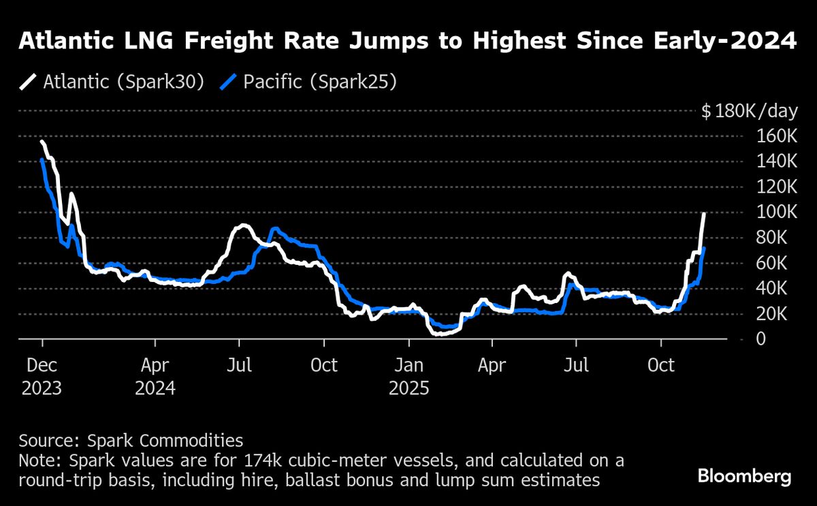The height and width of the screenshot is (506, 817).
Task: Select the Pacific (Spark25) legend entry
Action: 310,82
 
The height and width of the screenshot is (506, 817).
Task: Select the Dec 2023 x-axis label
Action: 42,377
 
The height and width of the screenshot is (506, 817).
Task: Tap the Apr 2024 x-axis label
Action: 155,377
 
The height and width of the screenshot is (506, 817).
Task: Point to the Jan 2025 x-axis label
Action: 409,377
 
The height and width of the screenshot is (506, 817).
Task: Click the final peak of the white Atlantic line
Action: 704,214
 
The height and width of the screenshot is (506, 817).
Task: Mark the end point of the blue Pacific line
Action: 704,249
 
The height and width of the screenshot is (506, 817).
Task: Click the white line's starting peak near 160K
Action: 42,142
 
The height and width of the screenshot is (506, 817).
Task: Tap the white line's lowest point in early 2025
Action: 436,334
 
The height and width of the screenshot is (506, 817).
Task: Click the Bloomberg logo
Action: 745,475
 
